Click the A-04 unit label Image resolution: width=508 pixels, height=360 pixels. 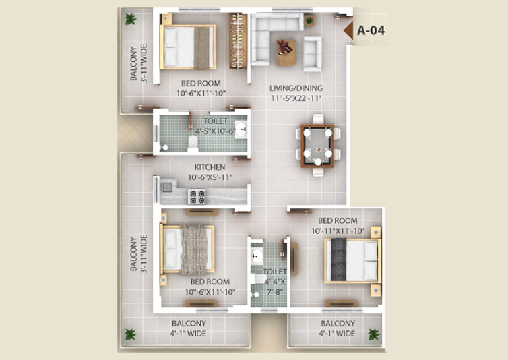click(x=371, y=30)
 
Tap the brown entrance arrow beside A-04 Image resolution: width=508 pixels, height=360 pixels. click(x=348, y=31)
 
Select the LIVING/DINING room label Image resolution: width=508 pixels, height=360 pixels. click(x=296, y=88)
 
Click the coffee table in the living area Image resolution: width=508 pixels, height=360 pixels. click(x=286, y=52)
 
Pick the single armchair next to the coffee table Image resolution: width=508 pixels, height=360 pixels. click(x=313, y=54)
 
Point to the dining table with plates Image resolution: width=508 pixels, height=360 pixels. click(x=317, y=146)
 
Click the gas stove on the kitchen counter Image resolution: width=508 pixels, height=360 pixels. click(x=197, y=197)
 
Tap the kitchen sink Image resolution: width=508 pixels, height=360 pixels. click(x=167, y=187)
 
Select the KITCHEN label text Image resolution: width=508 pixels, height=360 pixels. click(x=210, y=167)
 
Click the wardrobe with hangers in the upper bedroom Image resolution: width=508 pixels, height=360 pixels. click(x=238, y=41)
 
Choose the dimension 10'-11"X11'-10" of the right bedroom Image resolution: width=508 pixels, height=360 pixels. click(x=338, y=231)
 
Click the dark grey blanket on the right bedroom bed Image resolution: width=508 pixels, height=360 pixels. click(x=339, y=260)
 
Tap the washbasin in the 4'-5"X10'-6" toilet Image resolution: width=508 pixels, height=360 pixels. click(x=241, y=129)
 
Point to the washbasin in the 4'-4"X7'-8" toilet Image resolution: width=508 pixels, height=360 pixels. click(x=257, y=256)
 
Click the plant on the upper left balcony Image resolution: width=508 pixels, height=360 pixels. click(x=131, y=19)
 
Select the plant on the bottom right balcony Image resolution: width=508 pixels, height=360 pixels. click(x=374, y=334)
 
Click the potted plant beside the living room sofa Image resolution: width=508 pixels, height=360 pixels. click(x=309, y=21)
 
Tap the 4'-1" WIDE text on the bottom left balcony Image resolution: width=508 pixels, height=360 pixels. click(x=188, y=334)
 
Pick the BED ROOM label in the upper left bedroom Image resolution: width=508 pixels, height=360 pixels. click(x=201, y=83)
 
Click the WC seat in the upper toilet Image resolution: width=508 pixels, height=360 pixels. click(x=193, y=144)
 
